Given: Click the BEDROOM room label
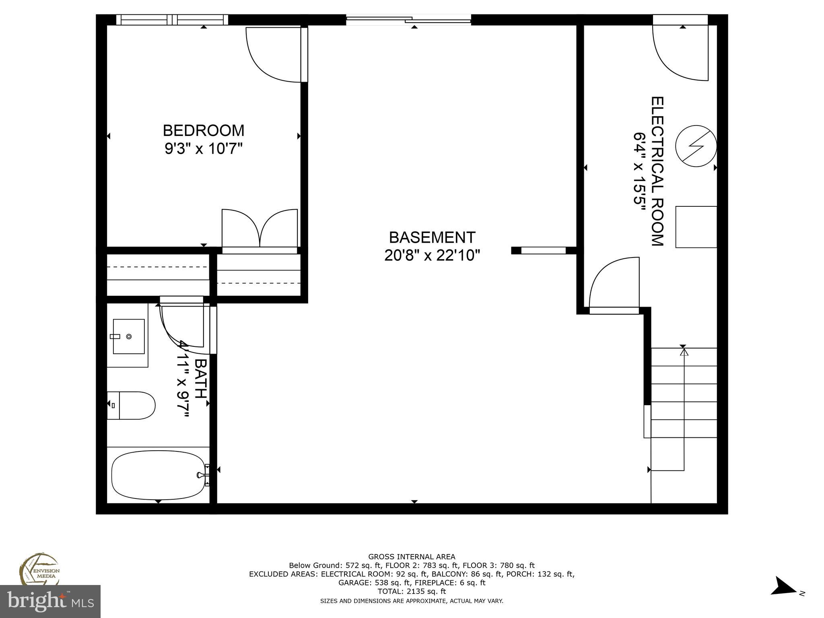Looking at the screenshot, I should tap(203, 131).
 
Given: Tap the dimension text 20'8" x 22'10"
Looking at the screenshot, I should tap(432, 255).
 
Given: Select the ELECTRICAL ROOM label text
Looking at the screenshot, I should tap(657, 171).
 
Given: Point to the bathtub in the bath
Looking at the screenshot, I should tap(158, 475).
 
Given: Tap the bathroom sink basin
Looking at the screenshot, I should tap(128, 336).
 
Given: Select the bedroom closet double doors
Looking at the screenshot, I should tap(260, 228).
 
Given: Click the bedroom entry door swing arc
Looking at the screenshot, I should tap(274, 54).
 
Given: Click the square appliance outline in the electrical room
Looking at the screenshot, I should tap(696, 227).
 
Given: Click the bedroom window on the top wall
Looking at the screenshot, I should tap(172, 19).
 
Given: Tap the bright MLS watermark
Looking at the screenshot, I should tap(50, 601).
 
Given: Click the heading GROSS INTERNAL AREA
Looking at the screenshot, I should tap(412, 557).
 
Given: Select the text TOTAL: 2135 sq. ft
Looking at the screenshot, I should tap(412, 591).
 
